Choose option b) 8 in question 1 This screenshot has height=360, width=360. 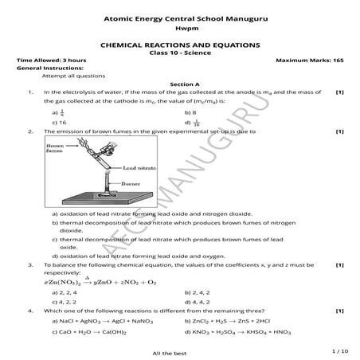tap(190, 113)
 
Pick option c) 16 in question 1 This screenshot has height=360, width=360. tap(58, 123)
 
